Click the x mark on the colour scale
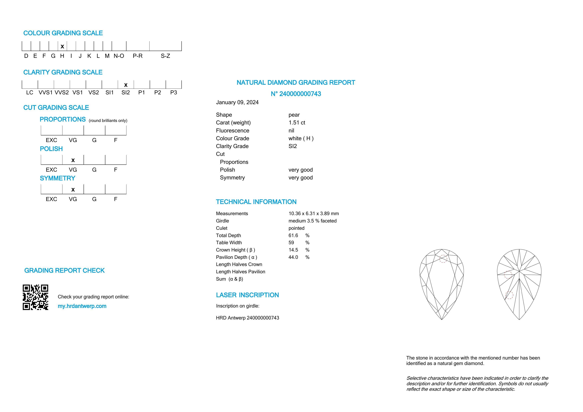[x=62, y=47]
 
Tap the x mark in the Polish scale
[x=73, y=160]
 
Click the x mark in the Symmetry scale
[x=73, y=190]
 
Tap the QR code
[x=36, y=297]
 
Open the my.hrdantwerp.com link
[x=82, y=306]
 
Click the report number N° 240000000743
[x=296, y=94]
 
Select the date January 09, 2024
[x=237, y=102]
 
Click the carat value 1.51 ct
[x=297, y=123]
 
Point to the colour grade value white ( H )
[x=301, y=138]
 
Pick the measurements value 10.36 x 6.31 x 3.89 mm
[x=314, y=213]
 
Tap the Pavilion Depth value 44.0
[x=293, y=257]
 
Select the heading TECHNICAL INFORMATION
[x=256, y=202]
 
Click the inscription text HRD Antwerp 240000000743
[x=248, y=318]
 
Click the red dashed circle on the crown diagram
[x=443, y=259]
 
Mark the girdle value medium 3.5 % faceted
[x=312, y=221]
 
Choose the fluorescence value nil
[x=291, y=130]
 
